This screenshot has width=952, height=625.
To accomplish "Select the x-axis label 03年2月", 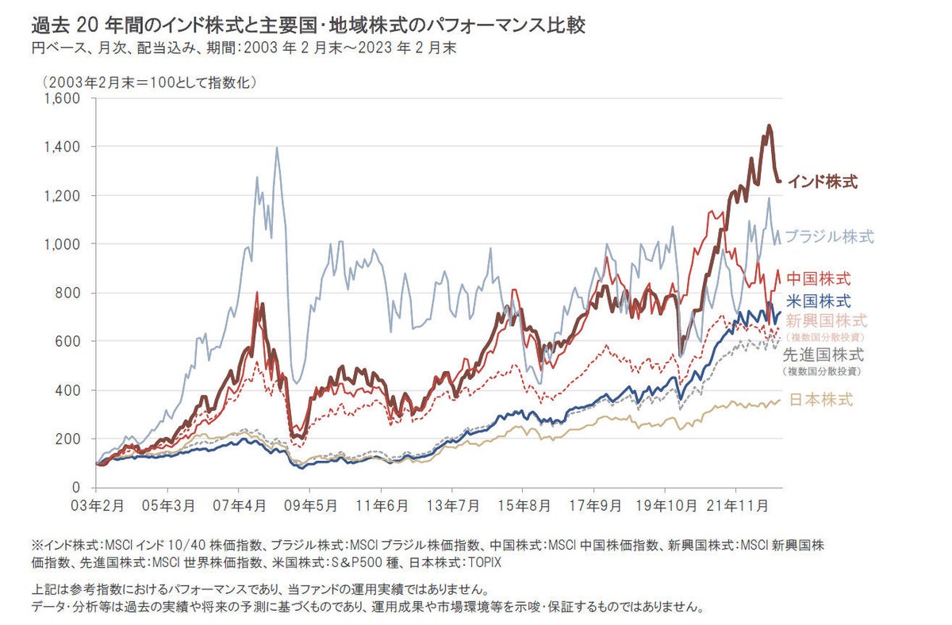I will pos(97,504).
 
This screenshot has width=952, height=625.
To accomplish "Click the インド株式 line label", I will pos(822,182).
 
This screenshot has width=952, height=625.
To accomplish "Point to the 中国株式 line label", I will pos(819,278).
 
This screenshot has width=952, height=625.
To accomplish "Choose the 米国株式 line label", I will pos(819,301).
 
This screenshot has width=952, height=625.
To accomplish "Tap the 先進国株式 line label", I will pos(823,355).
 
